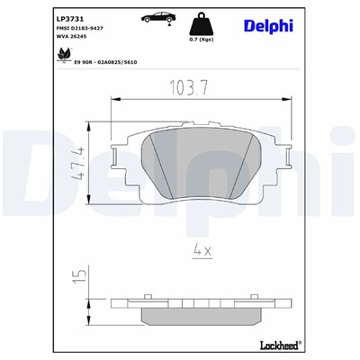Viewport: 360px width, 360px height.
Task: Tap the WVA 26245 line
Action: tap(73, 39)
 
